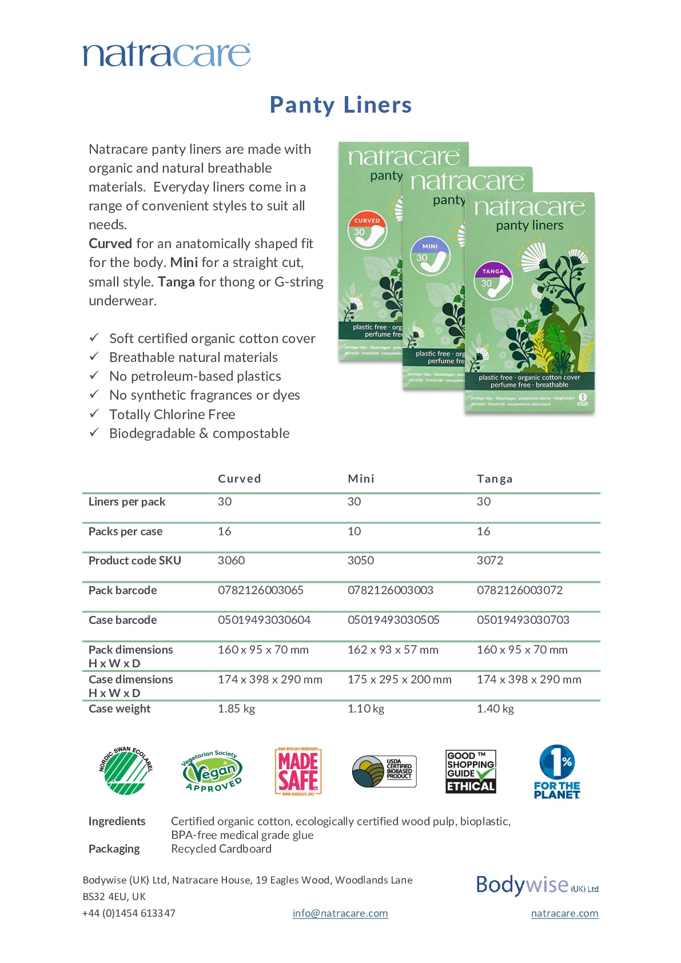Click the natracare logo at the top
point(166,54)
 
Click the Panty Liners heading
point(341,105)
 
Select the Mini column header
point(361,479)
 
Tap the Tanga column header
point(495,479)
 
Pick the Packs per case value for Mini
point(354,531)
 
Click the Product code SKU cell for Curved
point(231,560)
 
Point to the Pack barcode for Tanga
point(520,590)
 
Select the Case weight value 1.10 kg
point(366,709)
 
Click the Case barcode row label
point(122,620)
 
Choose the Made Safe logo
point(298,771)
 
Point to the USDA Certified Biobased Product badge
point(384,771)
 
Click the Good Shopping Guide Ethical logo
point(471,771)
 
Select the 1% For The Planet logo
point(557,771)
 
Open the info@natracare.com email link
point(340,913)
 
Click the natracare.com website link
point(564,913)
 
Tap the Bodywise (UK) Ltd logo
point(537,885)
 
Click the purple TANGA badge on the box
point(493,272)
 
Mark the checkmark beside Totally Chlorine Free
point(94,413)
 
